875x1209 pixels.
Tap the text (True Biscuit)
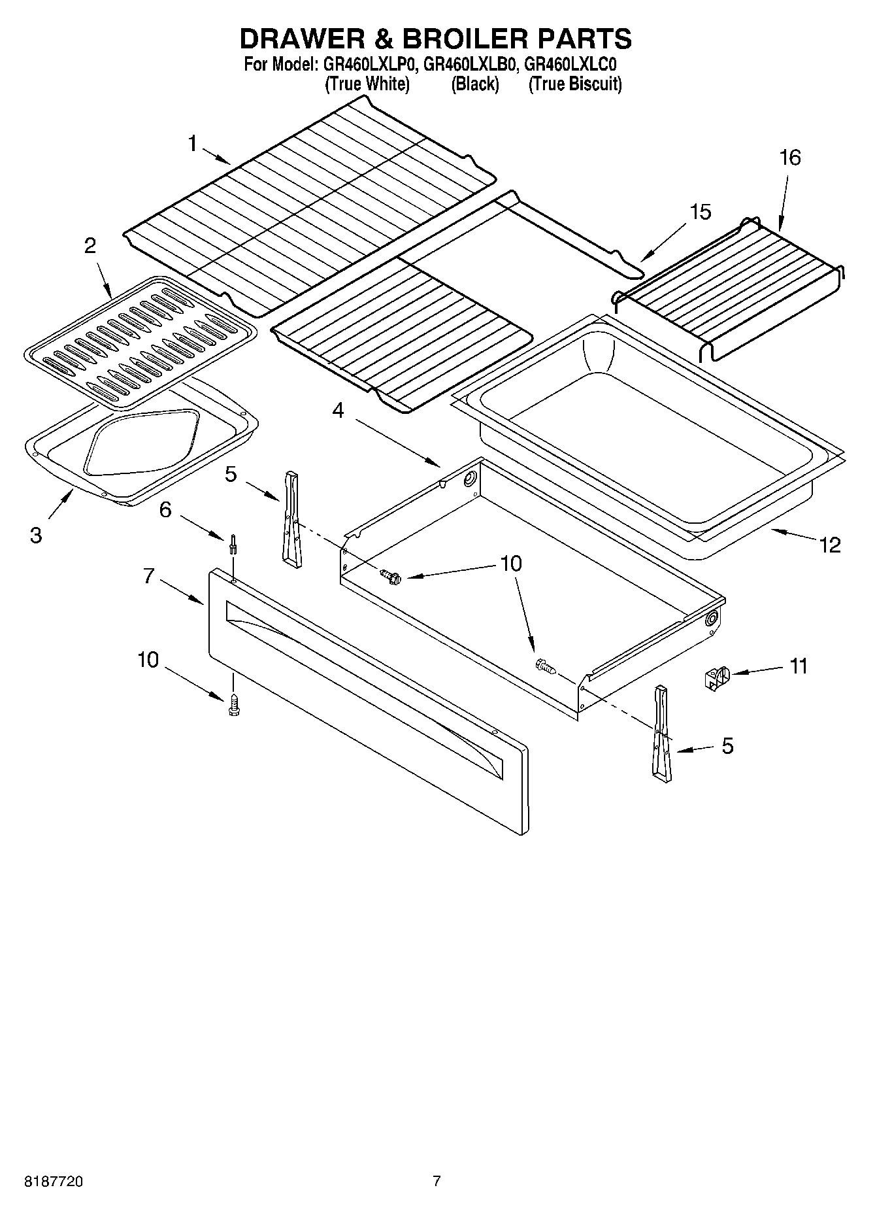pos(575,84)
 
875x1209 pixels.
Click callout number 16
pos(789,158)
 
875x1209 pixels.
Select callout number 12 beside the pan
pos(830,545)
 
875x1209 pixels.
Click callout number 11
pos(799,666)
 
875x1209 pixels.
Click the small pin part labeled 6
pos(233,544)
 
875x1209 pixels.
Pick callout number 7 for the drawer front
pos(149,576)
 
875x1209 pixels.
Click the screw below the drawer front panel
pos(233,705)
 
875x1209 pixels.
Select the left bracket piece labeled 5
pos(292,517)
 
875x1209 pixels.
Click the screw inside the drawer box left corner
pos(389,576)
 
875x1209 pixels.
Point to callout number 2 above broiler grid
pos(90,246)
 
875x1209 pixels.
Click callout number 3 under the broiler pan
pos(36,535)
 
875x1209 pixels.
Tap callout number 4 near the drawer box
pos(338,410)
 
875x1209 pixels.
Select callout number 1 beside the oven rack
pos(193,143)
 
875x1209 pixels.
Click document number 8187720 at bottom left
pos(53,1182)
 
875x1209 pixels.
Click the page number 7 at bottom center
pos(437,1181)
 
